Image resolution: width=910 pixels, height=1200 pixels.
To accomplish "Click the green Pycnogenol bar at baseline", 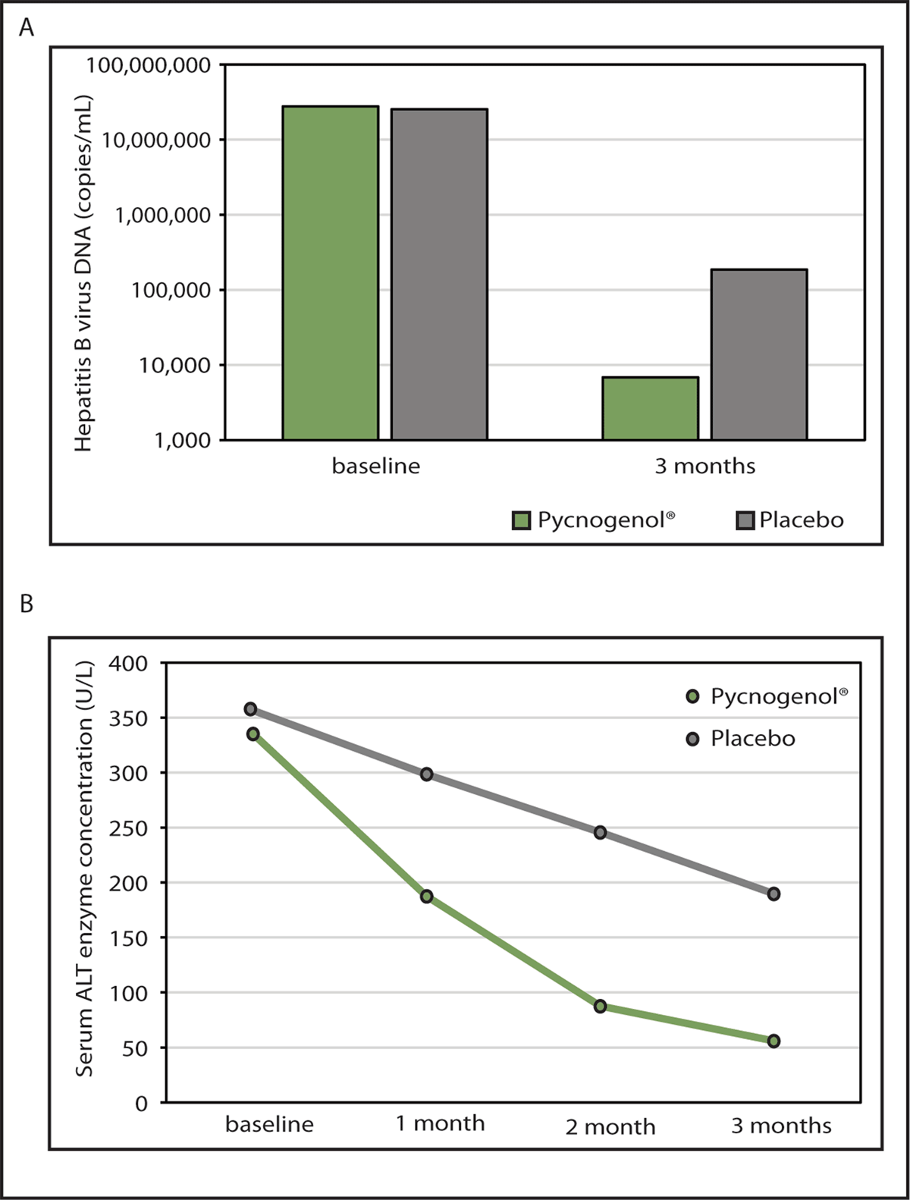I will [331, 272].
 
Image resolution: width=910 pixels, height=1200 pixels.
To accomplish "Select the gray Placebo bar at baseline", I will [439, 274].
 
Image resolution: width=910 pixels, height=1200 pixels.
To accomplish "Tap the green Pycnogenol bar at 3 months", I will [651, 408].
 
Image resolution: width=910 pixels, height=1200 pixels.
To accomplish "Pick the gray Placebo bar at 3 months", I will [759, 354].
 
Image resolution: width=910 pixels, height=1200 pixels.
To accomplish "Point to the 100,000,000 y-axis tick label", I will [148, 65].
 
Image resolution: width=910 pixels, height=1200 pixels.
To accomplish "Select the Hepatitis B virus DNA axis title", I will [83, 273].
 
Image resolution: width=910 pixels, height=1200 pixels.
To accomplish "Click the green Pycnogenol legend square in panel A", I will [522, 520].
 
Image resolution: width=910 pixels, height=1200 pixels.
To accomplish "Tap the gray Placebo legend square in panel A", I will [745, 520].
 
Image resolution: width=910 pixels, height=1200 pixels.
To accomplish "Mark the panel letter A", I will [27, 28].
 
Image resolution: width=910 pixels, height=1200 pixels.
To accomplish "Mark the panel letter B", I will [27, 605].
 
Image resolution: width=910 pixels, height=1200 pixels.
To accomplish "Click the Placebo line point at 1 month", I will [427, 774].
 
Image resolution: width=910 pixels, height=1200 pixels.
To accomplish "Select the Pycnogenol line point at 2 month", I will [600, 1007].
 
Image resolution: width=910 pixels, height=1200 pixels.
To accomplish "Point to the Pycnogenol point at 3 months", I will [773, 1041].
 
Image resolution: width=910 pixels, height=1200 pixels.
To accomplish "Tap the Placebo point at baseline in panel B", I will [250, 709].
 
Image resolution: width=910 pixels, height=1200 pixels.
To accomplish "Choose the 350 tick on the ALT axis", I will [130, 718].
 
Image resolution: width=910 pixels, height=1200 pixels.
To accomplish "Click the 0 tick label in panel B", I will [142, 1104].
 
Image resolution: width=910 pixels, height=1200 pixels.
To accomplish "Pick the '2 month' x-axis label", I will [610, 1126].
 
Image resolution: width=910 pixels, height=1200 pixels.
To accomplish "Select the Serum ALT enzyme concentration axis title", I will [84, 869].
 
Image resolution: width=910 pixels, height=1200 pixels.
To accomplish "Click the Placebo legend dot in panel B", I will [692, 739].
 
